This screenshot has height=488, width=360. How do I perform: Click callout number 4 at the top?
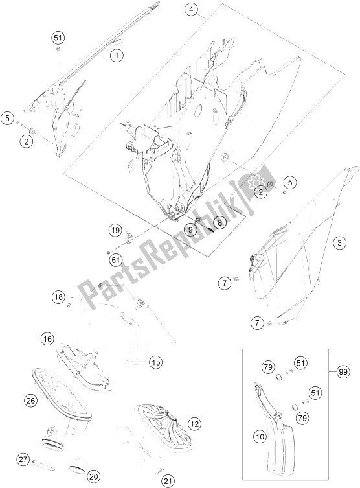point(191,10)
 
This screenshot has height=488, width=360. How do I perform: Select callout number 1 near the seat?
point(117,56)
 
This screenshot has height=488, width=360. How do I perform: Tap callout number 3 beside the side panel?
point(340,243)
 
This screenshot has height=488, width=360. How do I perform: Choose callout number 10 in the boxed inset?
point(260,437)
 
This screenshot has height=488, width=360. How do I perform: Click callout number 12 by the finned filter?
point(195,424)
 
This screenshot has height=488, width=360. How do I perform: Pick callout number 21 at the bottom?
point(168,481)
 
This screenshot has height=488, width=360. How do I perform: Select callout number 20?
point(94,476)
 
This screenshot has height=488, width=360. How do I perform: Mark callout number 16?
point(47,339)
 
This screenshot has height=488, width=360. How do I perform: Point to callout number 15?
point(156,362)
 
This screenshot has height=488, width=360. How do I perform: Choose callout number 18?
point(58,297)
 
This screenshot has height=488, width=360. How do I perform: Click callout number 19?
point(115,231)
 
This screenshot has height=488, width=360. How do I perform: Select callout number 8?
point(219,222)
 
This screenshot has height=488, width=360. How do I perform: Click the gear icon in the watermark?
point(255,181)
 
